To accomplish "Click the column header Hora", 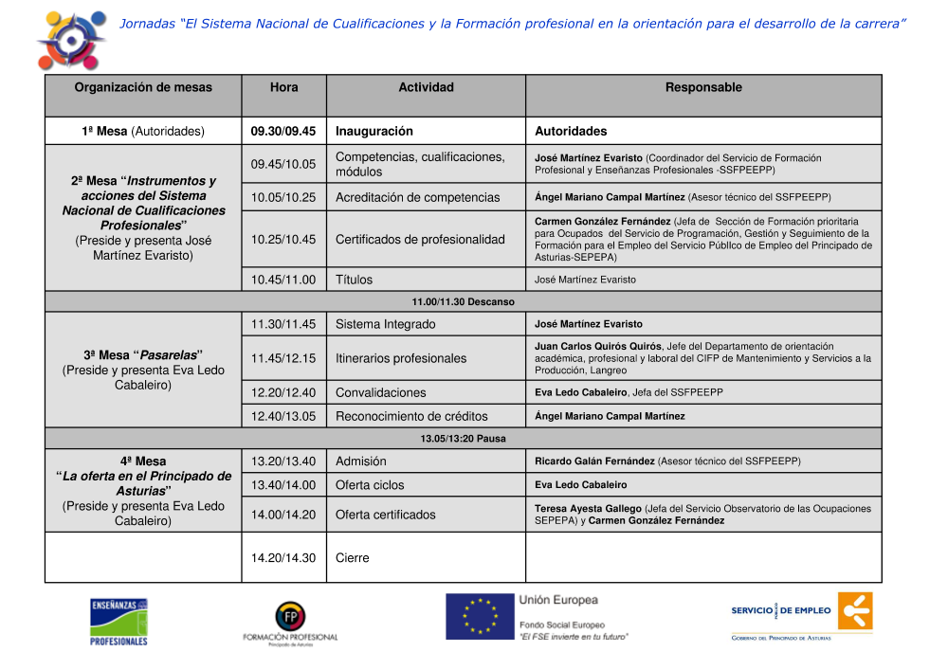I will coord(283,87).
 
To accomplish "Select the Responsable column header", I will coord(703,87).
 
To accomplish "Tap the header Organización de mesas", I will coord(143,87).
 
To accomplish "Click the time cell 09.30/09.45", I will coord(283,131).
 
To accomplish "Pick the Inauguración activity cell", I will coord(374,131).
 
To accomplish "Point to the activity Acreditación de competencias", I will coord(417,197).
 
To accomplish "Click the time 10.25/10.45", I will coord(283,239).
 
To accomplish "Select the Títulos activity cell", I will coord(355,280).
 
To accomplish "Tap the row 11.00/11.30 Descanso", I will coord(463,301).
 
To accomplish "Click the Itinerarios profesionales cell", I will coord(401,358).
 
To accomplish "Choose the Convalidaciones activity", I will coord(381,392).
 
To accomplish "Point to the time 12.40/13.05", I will coord(283,416).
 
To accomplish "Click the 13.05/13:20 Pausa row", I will coord(463,439).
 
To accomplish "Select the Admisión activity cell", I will coord(361,462).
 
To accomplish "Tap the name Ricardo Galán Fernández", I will coord(594,462).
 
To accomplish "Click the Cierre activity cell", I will coord(353,558).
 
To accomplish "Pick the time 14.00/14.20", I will coord(283,515).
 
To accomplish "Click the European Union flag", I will coord(480,616).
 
